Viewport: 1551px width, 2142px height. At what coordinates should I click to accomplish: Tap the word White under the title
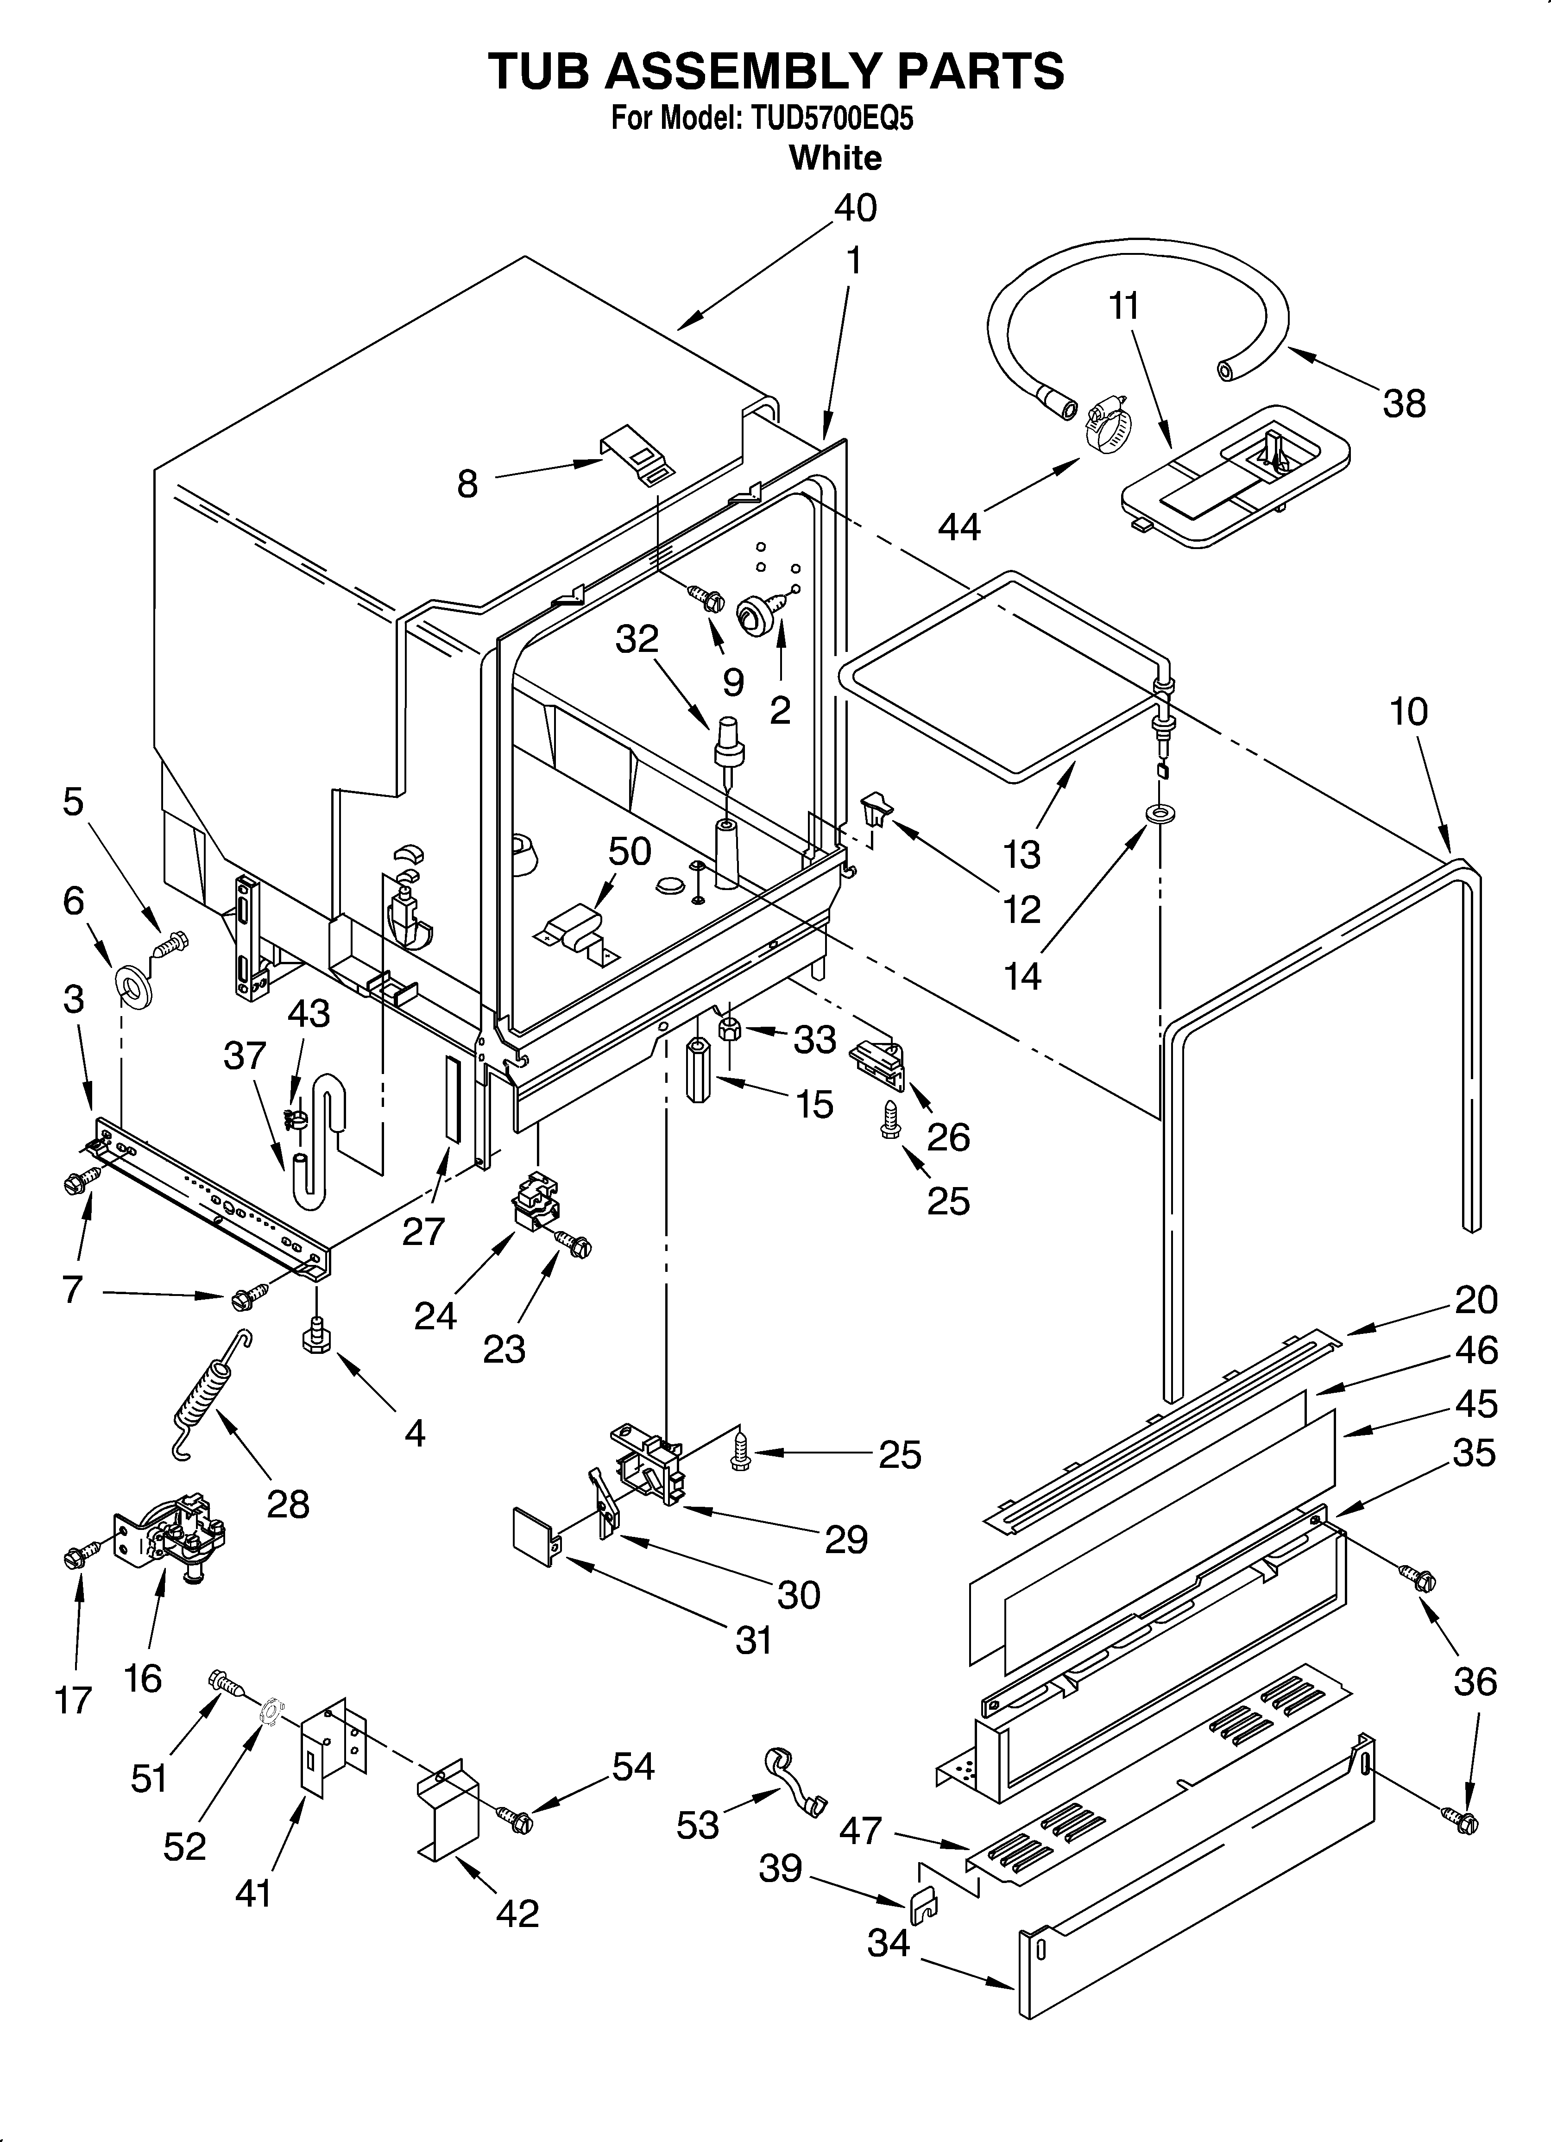click(x=835, y=158)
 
